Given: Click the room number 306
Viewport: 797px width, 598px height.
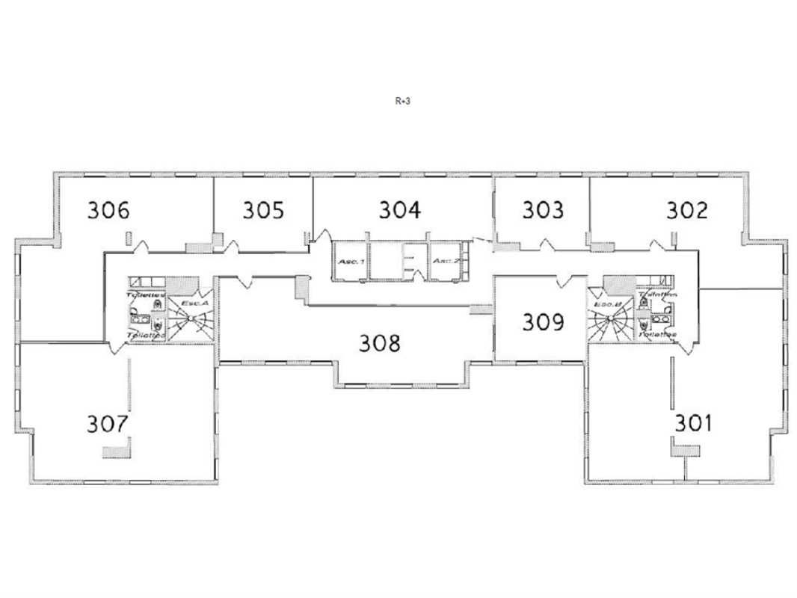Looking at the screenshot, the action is coord(108,210).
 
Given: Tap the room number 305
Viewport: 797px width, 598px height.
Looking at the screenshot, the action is coord(263,210).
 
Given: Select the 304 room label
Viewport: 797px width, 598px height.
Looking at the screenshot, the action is coord(399,210).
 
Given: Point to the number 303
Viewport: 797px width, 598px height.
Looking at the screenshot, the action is coord(542,210).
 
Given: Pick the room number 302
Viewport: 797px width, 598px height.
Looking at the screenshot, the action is coord(686,210).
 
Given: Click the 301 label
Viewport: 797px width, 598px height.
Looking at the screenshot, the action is coord(693,423).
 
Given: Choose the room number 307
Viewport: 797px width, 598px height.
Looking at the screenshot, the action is coord(108,424).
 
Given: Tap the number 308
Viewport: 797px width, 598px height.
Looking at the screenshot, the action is coord(380,343).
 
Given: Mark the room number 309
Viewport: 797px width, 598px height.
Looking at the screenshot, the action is coord(543,322).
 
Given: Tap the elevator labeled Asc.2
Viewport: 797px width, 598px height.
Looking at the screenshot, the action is coord(446,261).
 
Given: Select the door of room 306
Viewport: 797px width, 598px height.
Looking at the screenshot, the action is coord(142,244).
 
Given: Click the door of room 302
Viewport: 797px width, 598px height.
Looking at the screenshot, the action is coord(658,244).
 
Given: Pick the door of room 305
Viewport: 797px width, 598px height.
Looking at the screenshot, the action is coord(231,244).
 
